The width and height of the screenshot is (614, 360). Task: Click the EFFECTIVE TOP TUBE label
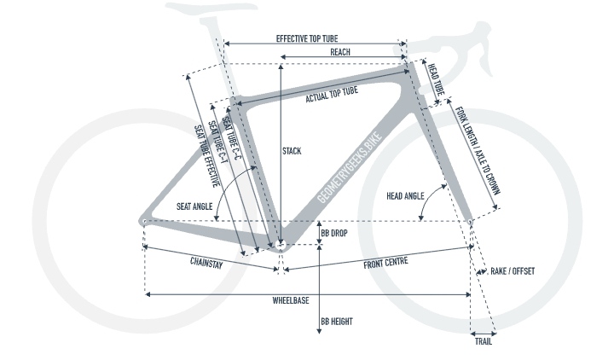(x=311, y=38)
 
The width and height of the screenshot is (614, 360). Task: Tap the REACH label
(x=340, y=52)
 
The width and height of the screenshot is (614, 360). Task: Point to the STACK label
(x=292, y=152)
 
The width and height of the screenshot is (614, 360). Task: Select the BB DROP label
(x=333, y=233)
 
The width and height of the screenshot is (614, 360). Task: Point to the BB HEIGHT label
(x=337, y=322)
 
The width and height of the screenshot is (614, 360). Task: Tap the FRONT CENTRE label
(x=385, y=263)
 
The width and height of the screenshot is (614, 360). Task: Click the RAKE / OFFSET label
(x=512, y=271)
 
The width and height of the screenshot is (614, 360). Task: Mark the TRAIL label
(x=483, y=341)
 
